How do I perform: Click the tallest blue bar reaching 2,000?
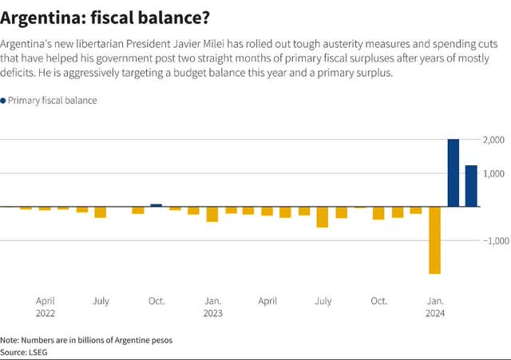coord(454,173)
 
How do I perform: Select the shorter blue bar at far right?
coord(471,186)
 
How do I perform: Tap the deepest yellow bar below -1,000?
coord(435,240)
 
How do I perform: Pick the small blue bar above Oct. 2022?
coord(156,205)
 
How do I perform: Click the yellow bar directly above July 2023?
coord(323,217)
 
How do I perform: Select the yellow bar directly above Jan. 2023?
coord(212,214)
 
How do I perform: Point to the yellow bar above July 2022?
coord(101,212)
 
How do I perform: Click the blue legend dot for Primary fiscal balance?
coord(3,101)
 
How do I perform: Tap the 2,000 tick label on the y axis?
coord(494,140)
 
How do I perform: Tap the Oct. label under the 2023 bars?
coord(378,301)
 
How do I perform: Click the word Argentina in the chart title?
coord(38,16)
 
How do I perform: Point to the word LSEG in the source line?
coord(38,351)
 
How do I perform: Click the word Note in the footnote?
coord(10,339)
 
